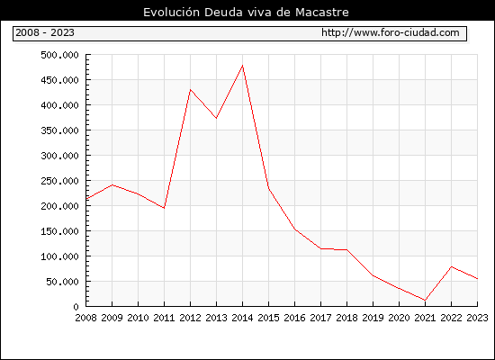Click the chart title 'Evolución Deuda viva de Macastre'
tap(246, 13)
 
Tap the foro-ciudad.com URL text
tap(391, 32)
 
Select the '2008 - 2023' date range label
tap(45, 32)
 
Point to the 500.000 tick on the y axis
tap(59, 55)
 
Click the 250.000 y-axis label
tap(59, 181)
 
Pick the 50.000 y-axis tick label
tap(62, 282)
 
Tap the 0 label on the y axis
tap(76, 307)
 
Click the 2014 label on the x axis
tap(242, 318)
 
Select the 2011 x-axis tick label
tap(164, 318)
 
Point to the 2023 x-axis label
tap(477, 318)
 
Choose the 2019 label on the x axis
tap(373, 318)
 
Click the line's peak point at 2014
tap(242, 66)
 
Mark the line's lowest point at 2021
tap(425, 300)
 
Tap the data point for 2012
tap(191, 90)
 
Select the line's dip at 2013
tap(216, 118)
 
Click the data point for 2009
tap(112, 185)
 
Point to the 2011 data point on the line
tap(164, 208)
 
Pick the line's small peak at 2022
tap(452, 266)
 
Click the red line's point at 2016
tap(295, 229)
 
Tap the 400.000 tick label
tap(59, 105)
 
